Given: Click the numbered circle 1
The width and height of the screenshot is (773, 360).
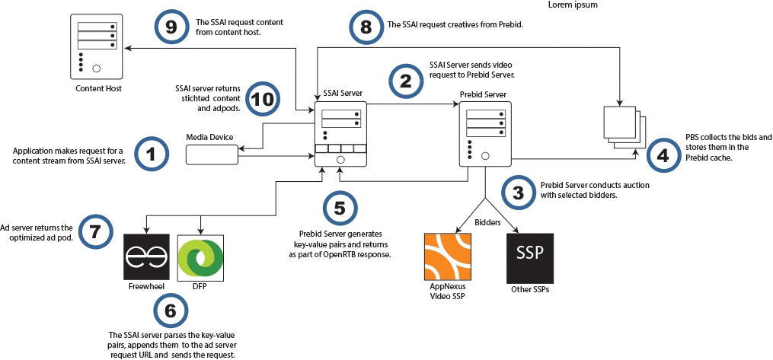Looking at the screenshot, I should pyautogui.click(x=151, y=154).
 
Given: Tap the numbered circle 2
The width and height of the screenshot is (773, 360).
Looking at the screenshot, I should pyautogui.click(x=406, y=78).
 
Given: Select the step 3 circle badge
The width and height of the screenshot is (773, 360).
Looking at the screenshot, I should pyautogui.click(x=518, y=193).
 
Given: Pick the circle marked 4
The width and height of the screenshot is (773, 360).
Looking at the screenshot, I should pyautogui.click(x=663, y=156).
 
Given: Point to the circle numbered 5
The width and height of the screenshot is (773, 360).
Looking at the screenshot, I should pyautogui.click(x=340, y=208).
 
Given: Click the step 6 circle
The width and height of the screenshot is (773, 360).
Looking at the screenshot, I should pyautogui.click(x=171, y=310).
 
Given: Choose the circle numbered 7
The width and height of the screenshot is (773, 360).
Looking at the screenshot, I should pyautogui.click(x=95, y=231).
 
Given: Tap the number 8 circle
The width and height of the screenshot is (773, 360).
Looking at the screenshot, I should pyautogui.click(x=366, y=27).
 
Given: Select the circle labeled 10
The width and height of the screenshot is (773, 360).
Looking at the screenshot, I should pyautogui.click(x=261, y=100).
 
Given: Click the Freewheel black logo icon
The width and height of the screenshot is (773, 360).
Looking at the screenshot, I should pyautogui.click(x=146, y=257).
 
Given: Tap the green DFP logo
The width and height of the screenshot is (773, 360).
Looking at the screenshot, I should pyautogui.click(x=200, y=257).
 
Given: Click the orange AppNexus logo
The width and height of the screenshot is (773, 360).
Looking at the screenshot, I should pyautogui.click(x=447, y=258).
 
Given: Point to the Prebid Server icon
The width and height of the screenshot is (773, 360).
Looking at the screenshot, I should pyautogui.click(x=484, y=134).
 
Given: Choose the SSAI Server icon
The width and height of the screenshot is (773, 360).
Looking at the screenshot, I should pyautogui.click(x=340, y=134).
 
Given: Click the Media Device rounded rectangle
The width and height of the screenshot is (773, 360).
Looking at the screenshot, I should pyautogui.click(x=212, y=154).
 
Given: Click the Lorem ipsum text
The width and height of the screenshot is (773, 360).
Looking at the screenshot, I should pyautogui.click(x=573, y=5).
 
